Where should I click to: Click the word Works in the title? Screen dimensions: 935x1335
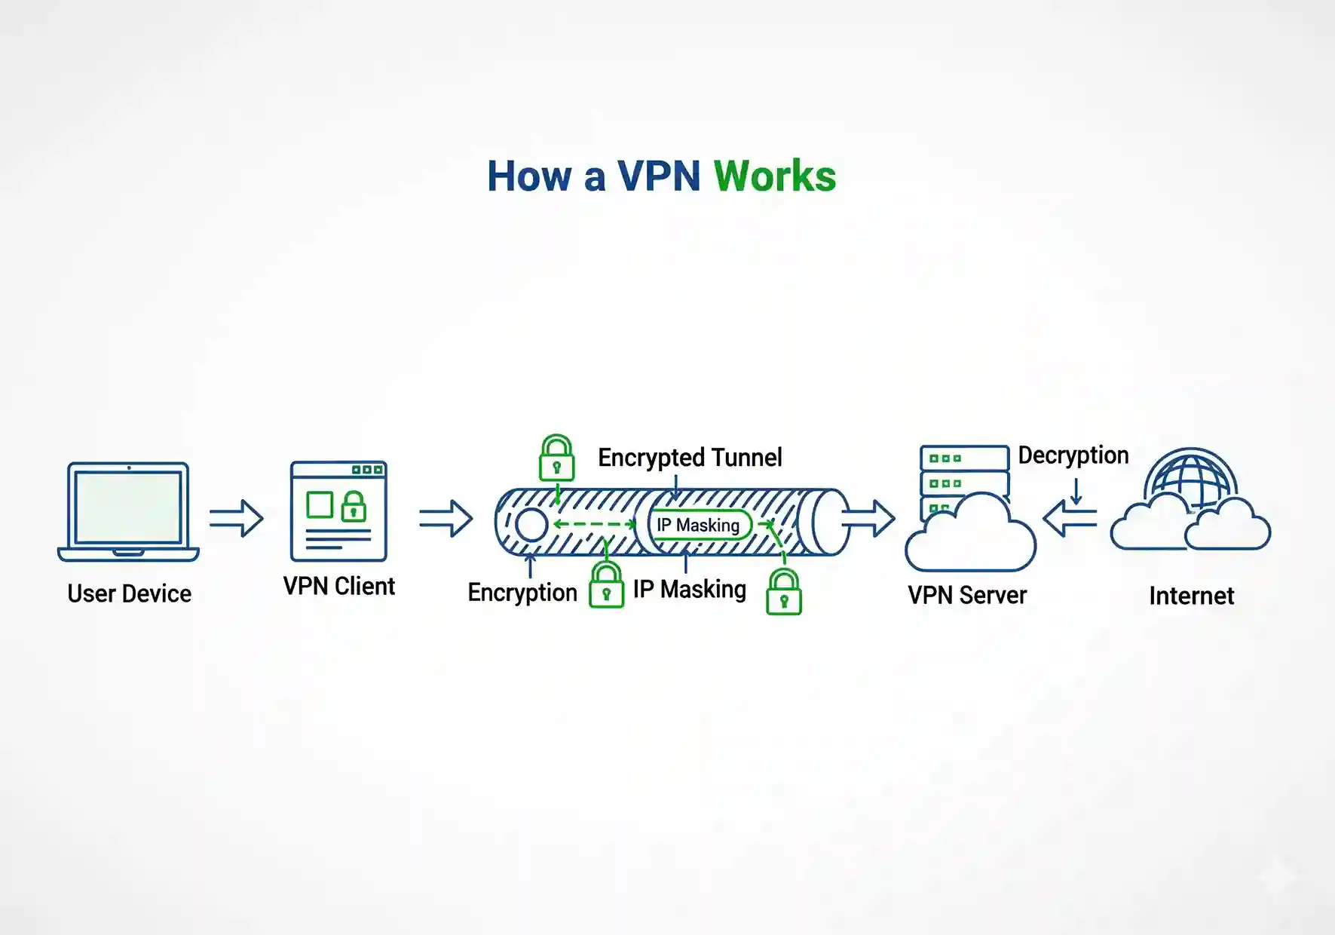tap(774, 176)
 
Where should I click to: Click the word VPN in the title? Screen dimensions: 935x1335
tap(659, 176)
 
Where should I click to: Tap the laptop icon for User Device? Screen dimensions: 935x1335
tap(128, 511)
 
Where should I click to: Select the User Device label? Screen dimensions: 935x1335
tap(129, 593)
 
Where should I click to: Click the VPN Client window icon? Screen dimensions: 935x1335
tap(338, 511)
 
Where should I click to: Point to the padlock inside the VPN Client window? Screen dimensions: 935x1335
tap(354, 507)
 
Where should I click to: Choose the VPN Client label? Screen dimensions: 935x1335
tap(338, 586)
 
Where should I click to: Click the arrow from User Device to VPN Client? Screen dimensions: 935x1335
tap(236, 518)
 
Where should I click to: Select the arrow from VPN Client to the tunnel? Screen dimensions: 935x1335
tap(446, 518)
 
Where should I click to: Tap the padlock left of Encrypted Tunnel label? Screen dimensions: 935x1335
tap(556, 458)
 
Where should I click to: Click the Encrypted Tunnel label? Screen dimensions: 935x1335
tap(690, 457)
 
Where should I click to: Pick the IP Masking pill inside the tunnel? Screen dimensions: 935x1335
tap(699, 525)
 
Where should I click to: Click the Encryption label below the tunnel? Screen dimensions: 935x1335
tap(522, 592)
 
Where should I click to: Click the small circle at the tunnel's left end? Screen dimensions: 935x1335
tap(531, 525)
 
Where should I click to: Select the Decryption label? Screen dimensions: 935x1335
tap(1073, 455)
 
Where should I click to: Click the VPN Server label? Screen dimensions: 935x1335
tap(967, 595)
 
